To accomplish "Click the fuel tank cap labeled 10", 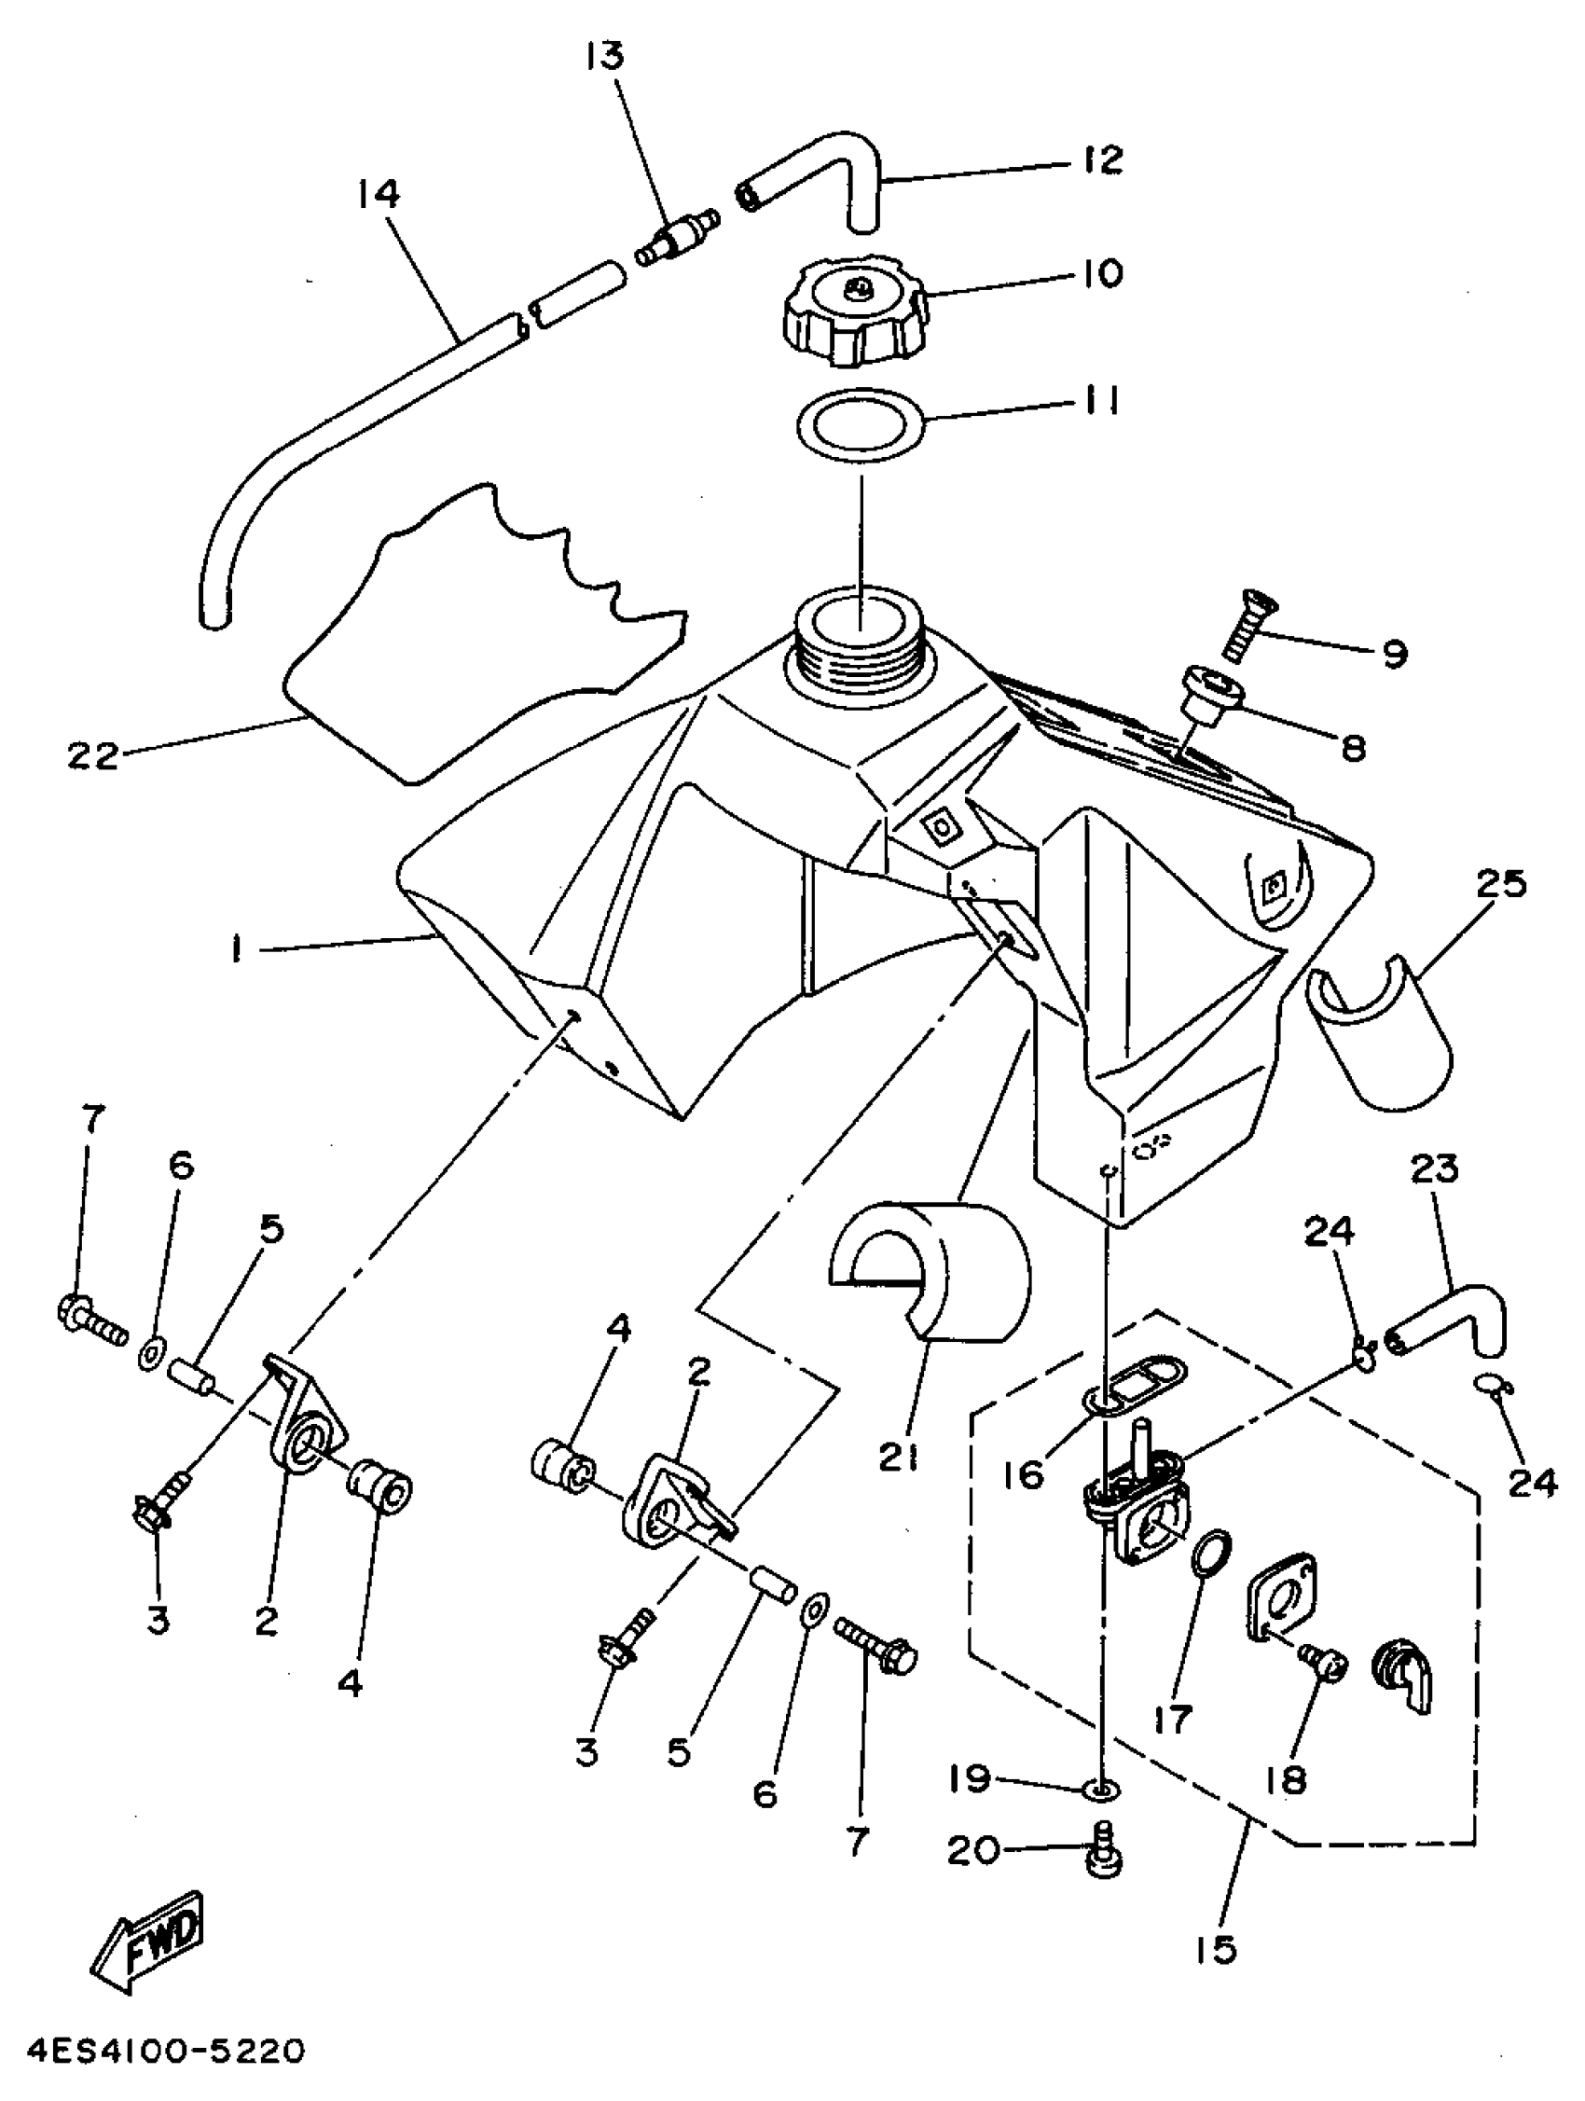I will tap(853, 309).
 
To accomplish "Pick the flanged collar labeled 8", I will tap(1205, 696).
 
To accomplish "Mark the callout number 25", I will tap(1501, 884).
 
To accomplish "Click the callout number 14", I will tap(378, 195).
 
